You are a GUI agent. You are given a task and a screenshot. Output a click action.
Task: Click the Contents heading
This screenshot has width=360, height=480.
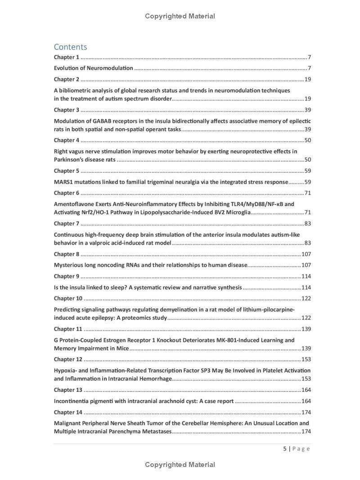(70, 47)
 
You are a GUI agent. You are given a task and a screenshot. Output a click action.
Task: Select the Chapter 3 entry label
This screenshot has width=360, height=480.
(66, 110)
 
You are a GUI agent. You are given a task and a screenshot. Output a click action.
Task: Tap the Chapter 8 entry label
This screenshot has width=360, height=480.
(66, 254)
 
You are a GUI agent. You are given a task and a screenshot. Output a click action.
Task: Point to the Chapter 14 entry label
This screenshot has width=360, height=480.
(68, 412)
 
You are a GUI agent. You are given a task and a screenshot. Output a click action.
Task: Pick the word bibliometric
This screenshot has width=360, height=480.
(75, 90)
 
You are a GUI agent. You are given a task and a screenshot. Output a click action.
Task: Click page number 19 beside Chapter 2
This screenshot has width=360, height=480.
(308, 80)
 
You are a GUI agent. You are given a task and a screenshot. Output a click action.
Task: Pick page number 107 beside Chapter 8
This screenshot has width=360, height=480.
(306, 254)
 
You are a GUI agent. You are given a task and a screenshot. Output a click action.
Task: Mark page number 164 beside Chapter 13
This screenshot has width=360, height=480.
(306, 390)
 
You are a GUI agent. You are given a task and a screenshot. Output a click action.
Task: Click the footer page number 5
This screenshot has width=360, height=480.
(285, 449)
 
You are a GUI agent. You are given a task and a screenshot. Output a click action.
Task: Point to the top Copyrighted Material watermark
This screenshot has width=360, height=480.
(180, 16)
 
